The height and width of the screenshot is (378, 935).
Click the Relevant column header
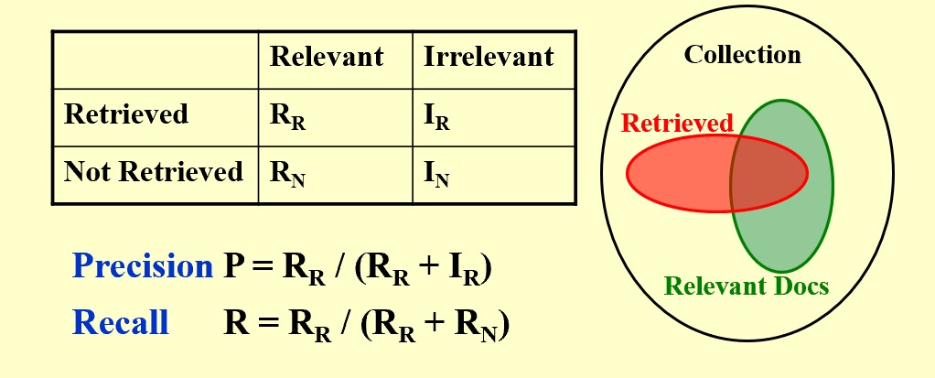tap(326, 57)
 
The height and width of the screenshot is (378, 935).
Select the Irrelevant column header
tap(489, 57)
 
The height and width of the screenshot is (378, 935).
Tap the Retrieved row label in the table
tap(126, 114)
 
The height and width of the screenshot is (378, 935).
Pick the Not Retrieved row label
tap(154, 172)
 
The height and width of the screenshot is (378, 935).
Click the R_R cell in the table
tap(287, 117)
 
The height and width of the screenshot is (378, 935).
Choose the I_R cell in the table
tap(437, 117)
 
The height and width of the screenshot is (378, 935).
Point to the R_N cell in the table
tap(287, 175)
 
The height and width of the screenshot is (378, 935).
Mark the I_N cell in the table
tap(437, 175)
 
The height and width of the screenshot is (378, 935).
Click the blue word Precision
tap(142, 266)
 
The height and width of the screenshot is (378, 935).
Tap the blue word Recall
tap(121, 322)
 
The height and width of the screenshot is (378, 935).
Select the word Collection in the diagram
tap(742, 55)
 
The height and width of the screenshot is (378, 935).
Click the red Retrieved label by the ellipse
tap(677, 123)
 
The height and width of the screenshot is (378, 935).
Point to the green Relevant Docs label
tap(746, 286)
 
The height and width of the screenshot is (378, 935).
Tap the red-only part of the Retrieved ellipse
tap(677, 174)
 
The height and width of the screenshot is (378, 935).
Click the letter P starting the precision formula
tap(232, 266)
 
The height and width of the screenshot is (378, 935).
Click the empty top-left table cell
tap(156, 59)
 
